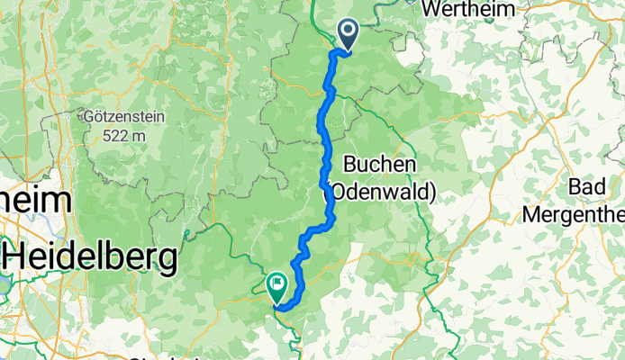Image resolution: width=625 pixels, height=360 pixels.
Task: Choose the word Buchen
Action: pyautogui.click(x=379, y=164)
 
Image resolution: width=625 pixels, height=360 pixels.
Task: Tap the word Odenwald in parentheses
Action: pyautogui.click(x=383, y=191)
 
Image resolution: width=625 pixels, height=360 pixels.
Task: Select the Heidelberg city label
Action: pyautogui.click(x=89, y=258)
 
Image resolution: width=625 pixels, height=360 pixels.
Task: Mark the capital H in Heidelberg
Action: pyautogui.click(x=16, y=258)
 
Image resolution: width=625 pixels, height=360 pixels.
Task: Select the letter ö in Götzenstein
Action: pyautogui.click(x=100, y=116)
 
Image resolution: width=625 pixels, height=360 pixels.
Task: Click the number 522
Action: pyautogui.click(x=115, y=135)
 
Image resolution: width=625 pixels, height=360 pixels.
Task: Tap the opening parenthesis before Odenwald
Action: pyautogui.click(x=326, y=191)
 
